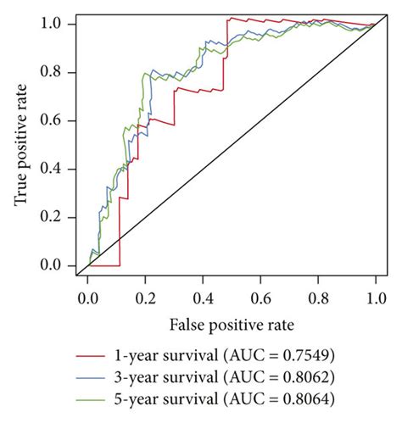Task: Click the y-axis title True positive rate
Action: tap(19, 144)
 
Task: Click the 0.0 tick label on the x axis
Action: tap(87, 299)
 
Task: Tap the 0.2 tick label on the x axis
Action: tap(144, 299)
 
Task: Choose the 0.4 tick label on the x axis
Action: tap(202, 299)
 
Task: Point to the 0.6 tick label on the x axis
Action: tap(260, 299)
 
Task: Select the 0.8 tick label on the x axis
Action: tap(317, 299)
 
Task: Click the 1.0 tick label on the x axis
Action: tap(374, 299)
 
